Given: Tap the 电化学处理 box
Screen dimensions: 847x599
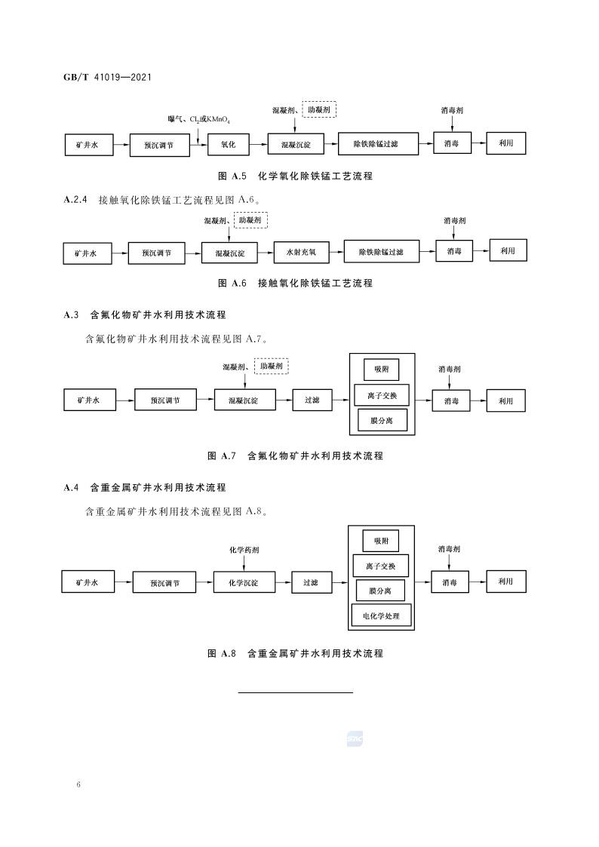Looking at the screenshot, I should coord(381,616).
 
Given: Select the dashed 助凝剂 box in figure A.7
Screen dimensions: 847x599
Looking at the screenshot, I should coord(272,366).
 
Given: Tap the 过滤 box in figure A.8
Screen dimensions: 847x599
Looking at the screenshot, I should coord(311,582).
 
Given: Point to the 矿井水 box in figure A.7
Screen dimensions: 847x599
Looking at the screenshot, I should coord(88,399).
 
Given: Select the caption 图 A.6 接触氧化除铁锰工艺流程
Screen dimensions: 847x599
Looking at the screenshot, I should coord(295,284).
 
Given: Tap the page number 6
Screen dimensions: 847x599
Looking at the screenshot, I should coord(78,785).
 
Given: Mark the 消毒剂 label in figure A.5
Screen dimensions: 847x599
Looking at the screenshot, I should coord(452,110).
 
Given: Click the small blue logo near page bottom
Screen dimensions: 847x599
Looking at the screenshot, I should coord(355,739).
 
